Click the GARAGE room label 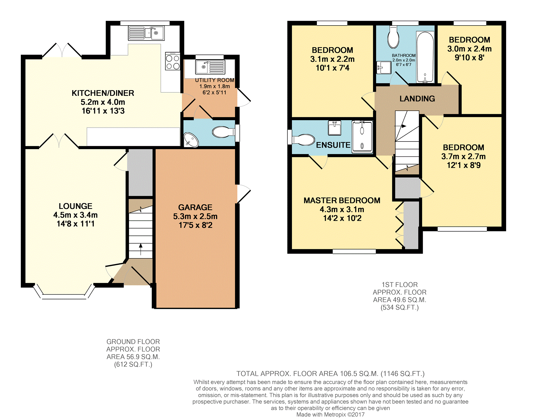click(195, 207)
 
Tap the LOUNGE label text click(76, 206)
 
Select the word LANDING click(417, 99)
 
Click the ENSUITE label click(333, 145)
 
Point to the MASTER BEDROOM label click(342, 201)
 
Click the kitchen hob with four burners click(173, 61)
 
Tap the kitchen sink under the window click(146, 33)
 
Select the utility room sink click(210, 67)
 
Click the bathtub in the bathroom click(425, 57)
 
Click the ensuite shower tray click(362, 137)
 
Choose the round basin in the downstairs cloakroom click(191, 140)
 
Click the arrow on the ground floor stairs click(141, 249)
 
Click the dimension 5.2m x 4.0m click(103, 102)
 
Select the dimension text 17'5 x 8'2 click(195, 225)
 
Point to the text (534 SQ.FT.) click(400, 307)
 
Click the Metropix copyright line click(330, 414)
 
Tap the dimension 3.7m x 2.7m click(464, 156)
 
